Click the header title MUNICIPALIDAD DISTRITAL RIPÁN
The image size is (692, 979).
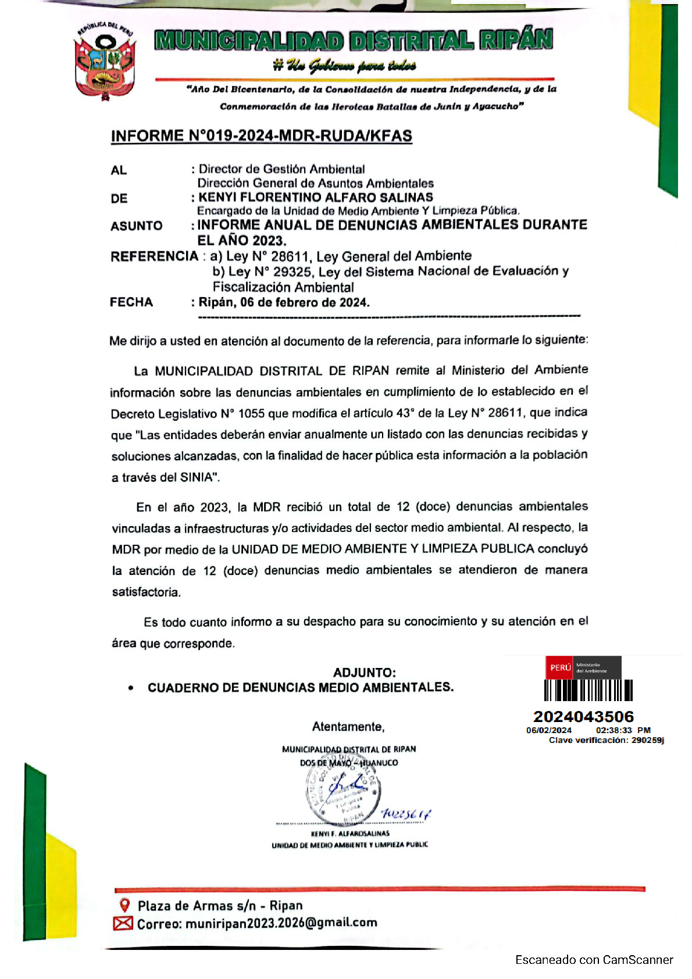pyautogui.click(x=354, y=40)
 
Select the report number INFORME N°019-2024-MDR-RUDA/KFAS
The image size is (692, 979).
pyautogui.click(x=261, y=136)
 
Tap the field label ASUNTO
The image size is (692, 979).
pyautogui.click(x=137, y=226)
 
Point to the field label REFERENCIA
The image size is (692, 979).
pyautogui.click(x=154, y=256)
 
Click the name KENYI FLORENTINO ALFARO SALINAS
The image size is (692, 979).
pyautogui.click(x=316, y=198)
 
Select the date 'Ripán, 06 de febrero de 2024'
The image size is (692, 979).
pyautogui.click(x=284, y=302)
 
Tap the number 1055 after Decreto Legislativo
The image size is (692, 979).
pyautogui.click(x=251, y=414)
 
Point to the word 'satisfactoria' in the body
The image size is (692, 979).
pyautogui.click(x=146, y=592)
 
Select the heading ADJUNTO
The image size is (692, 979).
pyautogui.click(x=364, y=673)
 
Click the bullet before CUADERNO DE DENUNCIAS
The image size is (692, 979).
pyautogui.click(x=131, y=688)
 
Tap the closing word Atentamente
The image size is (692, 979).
pyautogui.click(x=348, y=727)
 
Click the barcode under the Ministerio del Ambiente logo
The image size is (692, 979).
pyautogui.click(x=588, y=691)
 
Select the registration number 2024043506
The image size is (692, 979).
pyautogui.click(x=583, y=717)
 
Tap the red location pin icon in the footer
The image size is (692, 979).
pyautogui.click(x=124, y=905)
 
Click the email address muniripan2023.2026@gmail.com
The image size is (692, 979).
pyautogui.click(x=281, y=923)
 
